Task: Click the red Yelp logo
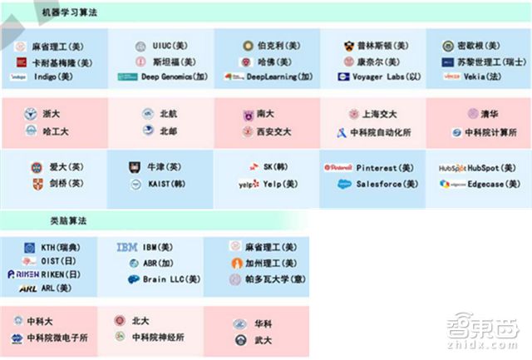pos(247,185)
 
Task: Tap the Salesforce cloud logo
pos(345,185)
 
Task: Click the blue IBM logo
pos(127,247)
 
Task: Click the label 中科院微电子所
pos(57,338)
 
